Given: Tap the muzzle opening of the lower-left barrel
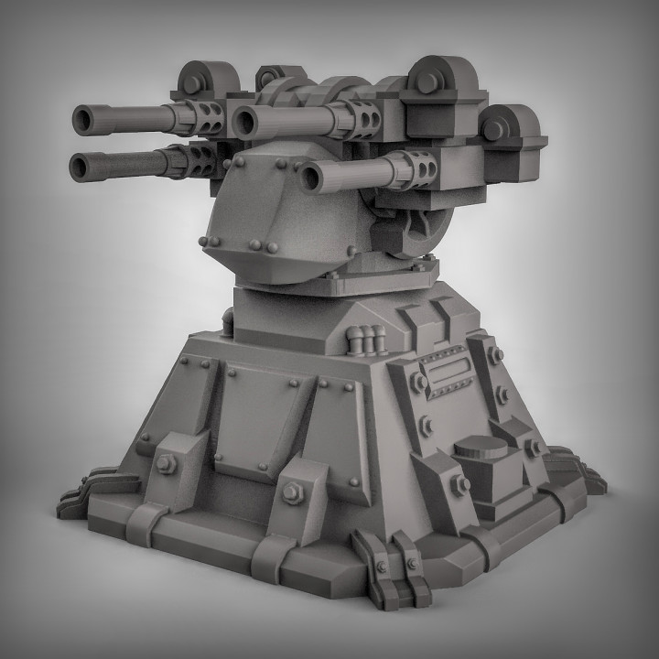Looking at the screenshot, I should tap(80, 166).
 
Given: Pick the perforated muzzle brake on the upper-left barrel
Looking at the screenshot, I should tap(206, 118).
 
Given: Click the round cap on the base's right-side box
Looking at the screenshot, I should tap(480, 449).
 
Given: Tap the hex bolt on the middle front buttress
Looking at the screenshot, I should tap(291, 493).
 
